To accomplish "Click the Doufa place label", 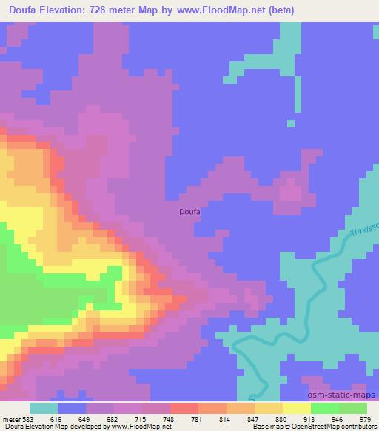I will pos(190,211).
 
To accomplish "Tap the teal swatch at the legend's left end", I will pos(43,408).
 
